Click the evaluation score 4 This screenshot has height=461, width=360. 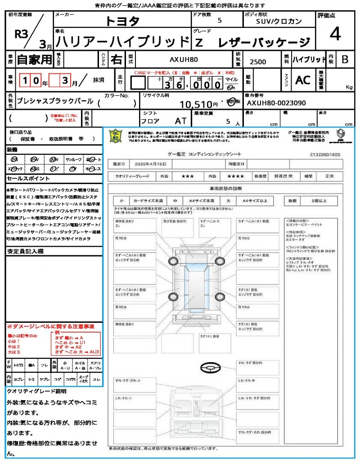point(335,34)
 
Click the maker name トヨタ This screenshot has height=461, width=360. point(123,21)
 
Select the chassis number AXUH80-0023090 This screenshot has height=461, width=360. point(276,103)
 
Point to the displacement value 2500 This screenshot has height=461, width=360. point(258,62)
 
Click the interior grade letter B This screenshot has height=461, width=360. point(345,59)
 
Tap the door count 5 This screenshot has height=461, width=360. point(219,21)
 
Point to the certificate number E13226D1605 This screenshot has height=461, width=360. point(325,154)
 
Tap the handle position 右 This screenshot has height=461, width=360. point(116,59)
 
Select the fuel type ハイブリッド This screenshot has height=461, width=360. point(309,59)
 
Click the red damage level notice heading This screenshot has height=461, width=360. point(50,326)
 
